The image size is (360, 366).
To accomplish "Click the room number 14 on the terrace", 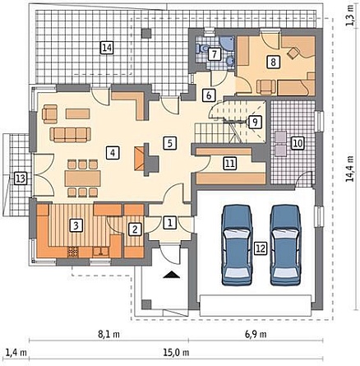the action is coord(107,48).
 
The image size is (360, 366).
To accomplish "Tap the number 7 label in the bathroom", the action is coord(215,53).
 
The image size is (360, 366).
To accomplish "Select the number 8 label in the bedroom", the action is coord(273,62).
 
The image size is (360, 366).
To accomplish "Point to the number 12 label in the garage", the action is coord(261,248).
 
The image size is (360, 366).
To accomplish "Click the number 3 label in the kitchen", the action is coord(76,225).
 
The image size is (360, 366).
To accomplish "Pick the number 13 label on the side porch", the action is coord(20,178).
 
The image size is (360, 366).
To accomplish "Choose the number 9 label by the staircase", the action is coord(255,122).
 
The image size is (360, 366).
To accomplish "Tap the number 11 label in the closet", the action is coord(230,164).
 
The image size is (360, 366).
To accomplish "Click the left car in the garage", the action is coord(237,245).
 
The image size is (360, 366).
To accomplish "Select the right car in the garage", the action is coord(286,245).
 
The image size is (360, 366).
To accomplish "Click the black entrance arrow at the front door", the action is coord(172,275).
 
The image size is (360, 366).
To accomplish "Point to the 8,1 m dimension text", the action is coord(108,334).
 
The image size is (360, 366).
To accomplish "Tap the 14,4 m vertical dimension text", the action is coord(351,168).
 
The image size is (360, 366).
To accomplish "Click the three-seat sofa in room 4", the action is coord(71,135).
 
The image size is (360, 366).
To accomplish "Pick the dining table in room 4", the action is coord(83,178).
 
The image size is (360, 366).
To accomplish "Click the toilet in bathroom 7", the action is coord(202,49).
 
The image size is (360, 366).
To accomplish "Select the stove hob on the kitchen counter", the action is coord(73,252).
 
